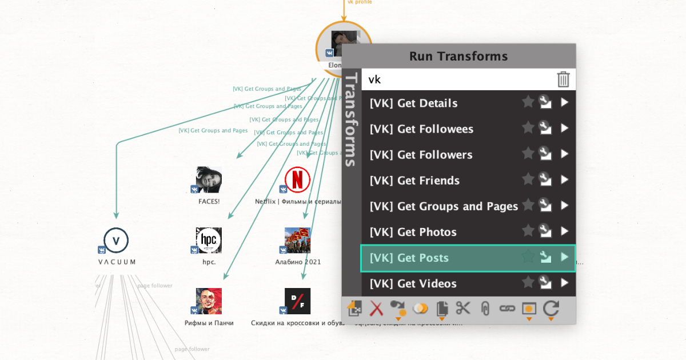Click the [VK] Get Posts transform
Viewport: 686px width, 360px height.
click(409, 258)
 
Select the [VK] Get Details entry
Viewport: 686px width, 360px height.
click(413, 103)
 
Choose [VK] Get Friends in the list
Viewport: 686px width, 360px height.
click(414, 181)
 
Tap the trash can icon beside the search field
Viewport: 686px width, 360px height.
click(563, 79)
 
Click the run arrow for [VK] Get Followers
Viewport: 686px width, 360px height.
click(565, 154)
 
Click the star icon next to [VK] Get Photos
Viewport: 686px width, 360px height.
click(528, 232)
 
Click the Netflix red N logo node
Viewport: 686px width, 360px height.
click(297, 180)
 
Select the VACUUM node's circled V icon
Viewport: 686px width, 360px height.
click(116, 241)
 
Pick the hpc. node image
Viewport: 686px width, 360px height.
click(209, 240)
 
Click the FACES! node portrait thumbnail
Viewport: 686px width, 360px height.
click(209, 180)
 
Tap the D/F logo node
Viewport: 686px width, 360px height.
click(297, 301)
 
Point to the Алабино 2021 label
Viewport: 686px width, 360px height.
click(298, 262)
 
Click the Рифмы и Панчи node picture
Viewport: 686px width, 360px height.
click(209, 301)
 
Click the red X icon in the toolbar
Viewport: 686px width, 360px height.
click(376, 309)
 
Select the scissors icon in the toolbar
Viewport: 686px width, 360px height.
click(462, 309)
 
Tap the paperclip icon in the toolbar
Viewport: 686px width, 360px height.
click(485, 309)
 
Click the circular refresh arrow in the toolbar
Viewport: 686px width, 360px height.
click(551, 309)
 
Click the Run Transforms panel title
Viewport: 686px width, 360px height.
click(458, 57)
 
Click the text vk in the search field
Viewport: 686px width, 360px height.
click(374, 79)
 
